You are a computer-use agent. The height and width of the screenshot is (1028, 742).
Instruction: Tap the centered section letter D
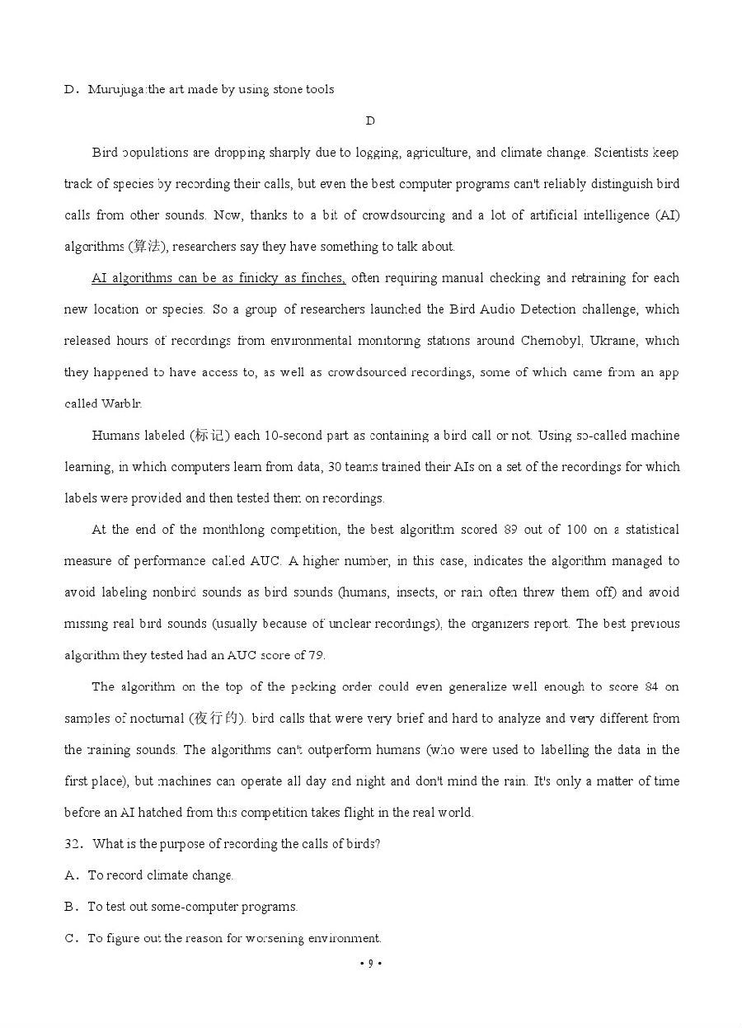(x=370, y=120)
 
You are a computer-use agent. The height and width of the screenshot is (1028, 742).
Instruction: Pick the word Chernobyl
(x=551, y=341)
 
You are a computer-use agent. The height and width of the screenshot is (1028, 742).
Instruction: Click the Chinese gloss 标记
(x=209, y=435)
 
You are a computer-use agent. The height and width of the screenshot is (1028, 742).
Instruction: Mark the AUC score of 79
(x=316, y=655)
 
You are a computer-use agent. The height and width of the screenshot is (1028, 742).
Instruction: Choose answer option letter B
(x=70, y=907)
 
